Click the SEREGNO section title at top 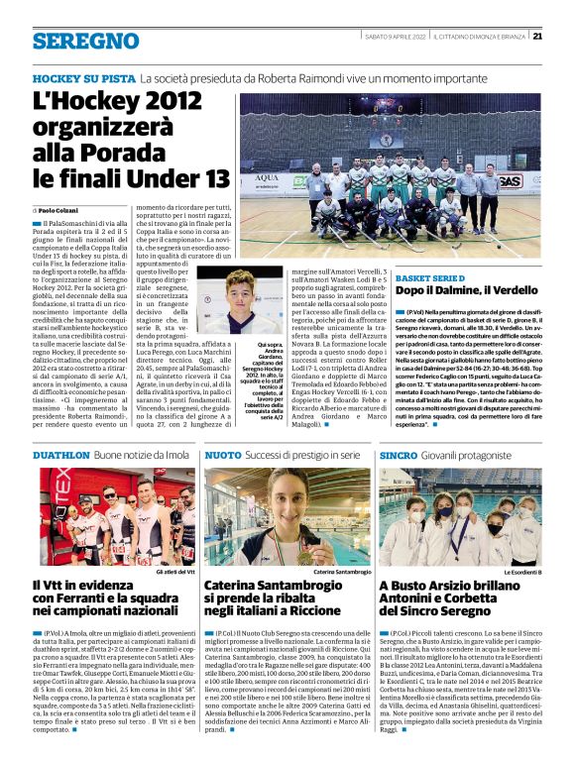click(85, 40)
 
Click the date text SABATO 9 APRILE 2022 click(391, 37)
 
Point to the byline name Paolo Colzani click(61, 211)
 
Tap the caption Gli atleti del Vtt click(176, 572)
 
